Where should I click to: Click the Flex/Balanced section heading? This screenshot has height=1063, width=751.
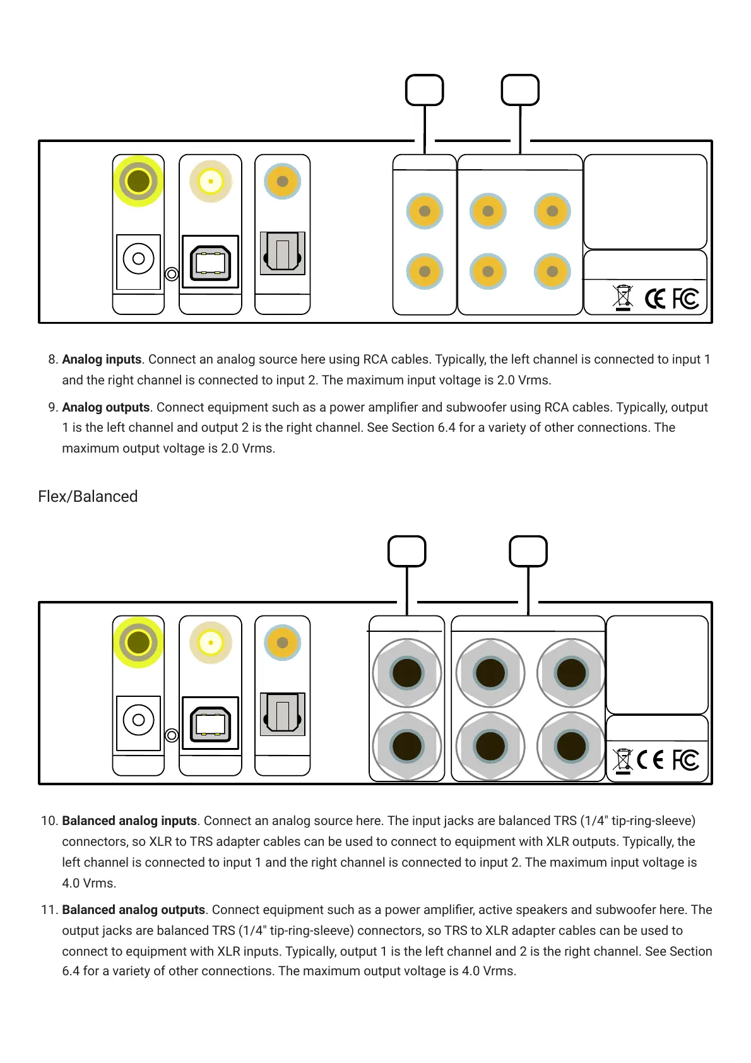pyautogui.click(x=88, y=497)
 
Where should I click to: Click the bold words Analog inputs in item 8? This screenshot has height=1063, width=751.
pyautogui.click(x=102, y=360)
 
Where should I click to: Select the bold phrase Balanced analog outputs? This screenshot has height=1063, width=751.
pyautogui.click(x=133, y=910)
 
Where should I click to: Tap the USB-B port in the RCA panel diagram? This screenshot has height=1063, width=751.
pyautogui.click(x=210, y=262)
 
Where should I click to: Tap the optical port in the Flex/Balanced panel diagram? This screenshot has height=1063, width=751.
pyautogui.click(x=283, y=714)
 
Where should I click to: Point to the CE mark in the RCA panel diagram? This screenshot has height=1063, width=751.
pyautogui.click(x=655, y=299)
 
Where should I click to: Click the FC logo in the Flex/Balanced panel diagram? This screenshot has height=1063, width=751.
pyautogui.click(x=685, y=759)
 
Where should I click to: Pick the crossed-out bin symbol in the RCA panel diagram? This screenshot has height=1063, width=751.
pyautogui.click(x=623, y=298)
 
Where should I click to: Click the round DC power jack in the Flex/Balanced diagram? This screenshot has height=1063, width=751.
pyautogui.click(x=139, y=720)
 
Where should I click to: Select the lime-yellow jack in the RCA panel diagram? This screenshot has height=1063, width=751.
pyautogui.click(x=138, y=181)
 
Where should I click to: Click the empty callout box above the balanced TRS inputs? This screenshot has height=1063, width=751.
pyautogui.click(x=407, y=552)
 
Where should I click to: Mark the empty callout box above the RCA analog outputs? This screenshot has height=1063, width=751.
pyautogui.click(x=520, y=90)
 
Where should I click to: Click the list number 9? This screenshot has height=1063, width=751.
pyautogui.click(x=53, y=408)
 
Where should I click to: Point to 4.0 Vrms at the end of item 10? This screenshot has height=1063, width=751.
pyautogui.click(x=89, y=884)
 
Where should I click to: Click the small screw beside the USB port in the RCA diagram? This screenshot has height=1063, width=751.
pyautogui.click(x=171, y=274)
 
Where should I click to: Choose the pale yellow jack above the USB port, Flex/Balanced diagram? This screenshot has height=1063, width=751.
pyautogui.click(x=211, y=643)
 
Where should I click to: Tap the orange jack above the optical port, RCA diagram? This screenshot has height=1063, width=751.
pyautogui.click(x=283, y=181)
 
